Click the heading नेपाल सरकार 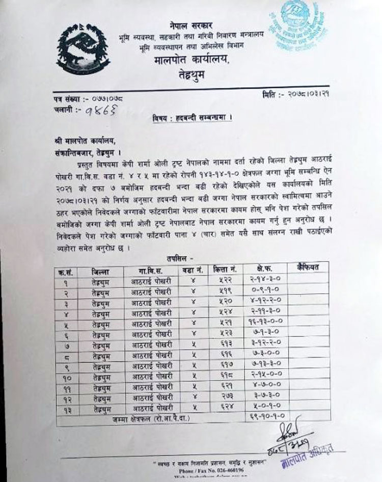tap(191, 25)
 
